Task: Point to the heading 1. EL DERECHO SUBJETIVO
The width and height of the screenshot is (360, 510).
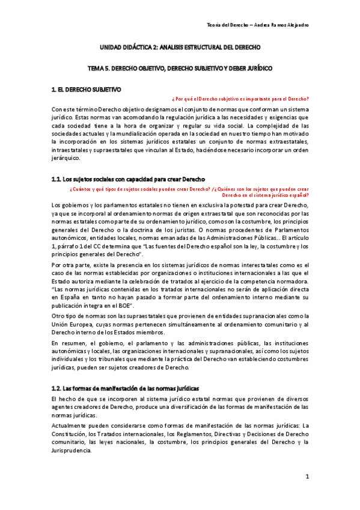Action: point(87,90)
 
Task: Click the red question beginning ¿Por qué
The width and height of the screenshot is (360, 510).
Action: point(240,99)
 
